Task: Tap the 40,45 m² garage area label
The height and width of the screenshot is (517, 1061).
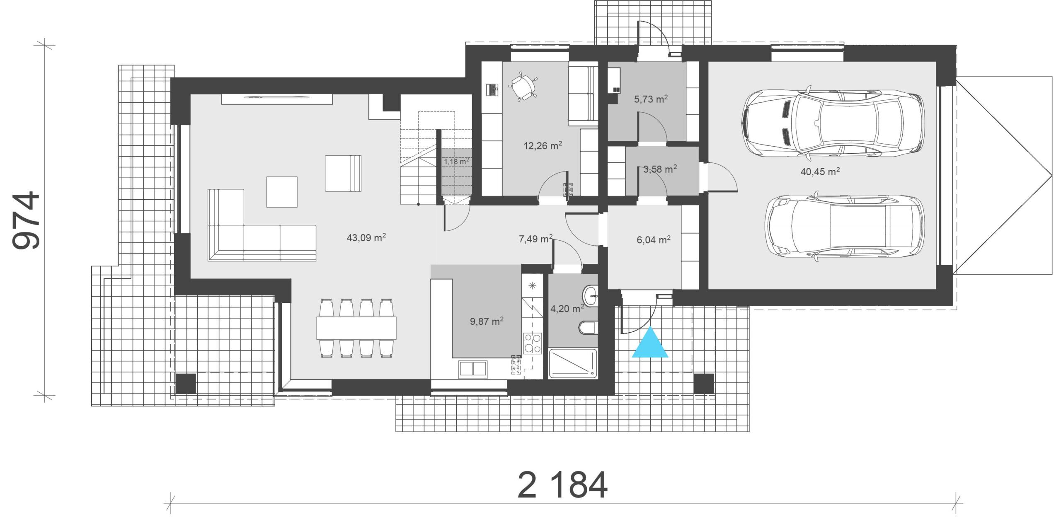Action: point(820,172)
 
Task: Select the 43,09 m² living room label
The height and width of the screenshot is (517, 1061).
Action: point(366,238)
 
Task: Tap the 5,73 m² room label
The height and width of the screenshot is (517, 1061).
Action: point(651,99)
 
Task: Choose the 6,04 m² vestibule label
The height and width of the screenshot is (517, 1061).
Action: point(654,240)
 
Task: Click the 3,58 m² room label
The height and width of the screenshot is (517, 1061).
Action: point(660,169)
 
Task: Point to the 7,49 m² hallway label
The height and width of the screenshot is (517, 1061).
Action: point(536,239)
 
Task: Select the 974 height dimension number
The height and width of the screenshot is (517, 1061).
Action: point(26,221)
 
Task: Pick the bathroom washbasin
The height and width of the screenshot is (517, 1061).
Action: point(590,296)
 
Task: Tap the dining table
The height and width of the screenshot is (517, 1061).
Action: point(356,328)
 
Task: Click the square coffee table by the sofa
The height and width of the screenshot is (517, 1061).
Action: point(282,192)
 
